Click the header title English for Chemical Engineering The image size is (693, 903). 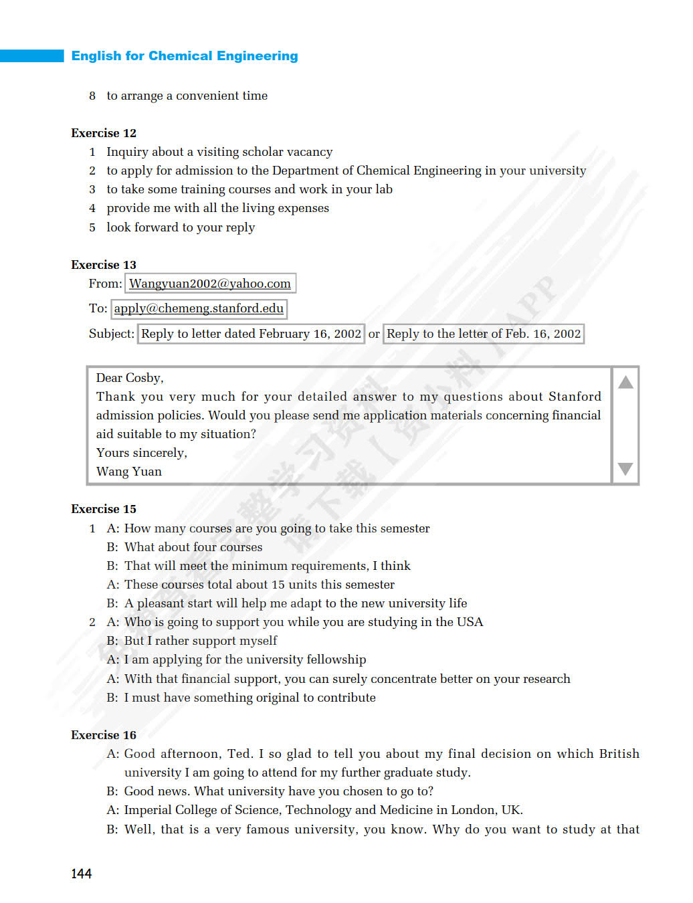(185, 56)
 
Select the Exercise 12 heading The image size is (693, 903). (104, 133)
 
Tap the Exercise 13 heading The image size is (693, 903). (104, 265)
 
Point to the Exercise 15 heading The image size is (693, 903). (104, 509)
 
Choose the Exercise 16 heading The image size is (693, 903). (104, 735)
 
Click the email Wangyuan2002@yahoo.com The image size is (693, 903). (210, 284)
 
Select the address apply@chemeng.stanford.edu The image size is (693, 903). (199, 308)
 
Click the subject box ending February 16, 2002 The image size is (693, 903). (251, 334)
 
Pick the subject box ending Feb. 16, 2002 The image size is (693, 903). (484, 334)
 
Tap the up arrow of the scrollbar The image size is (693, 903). (625, 383)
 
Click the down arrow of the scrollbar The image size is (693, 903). (625, 469)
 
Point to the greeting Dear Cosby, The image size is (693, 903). (130, 378)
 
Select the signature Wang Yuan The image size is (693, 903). (129, 472)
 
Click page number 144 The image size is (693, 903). (82, 874)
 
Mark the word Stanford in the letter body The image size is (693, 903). (575, 397)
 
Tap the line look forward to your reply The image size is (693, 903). (181, 227)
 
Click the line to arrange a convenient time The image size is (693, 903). (187, 96)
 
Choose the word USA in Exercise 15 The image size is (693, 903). (470, 622)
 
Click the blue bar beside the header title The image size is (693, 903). (31, 56)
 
